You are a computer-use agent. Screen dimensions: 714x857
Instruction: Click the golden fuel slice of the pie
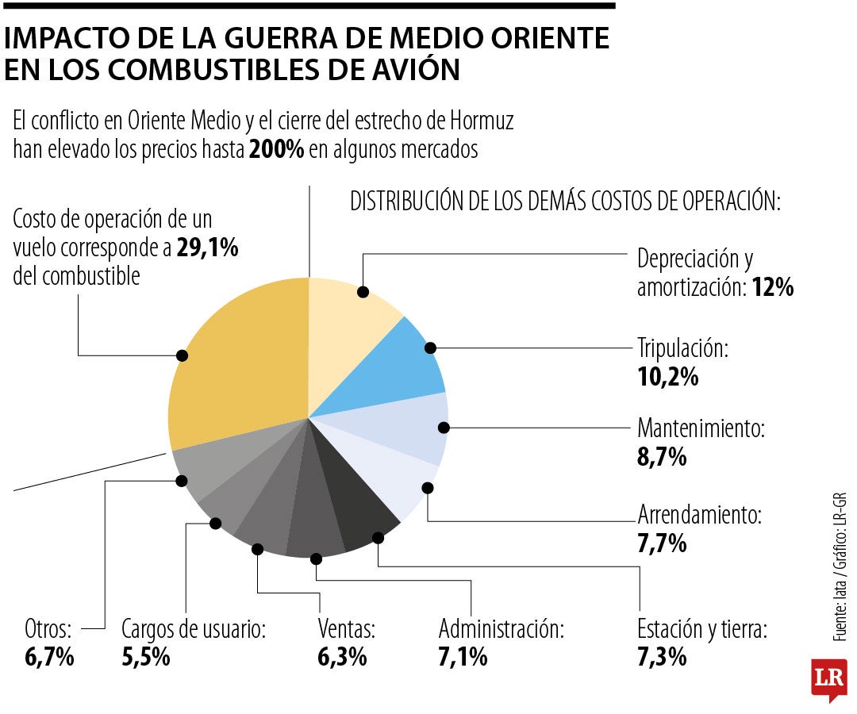point(238,365)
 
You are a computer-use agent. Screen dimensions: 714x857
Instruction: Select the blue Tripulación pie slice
point(389,365)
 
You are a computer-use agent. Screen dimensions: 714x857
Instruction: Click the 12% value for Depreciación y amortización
point(774,288)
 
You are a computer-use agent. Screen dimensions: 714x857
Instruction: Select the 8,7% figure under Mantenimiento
point(662,458)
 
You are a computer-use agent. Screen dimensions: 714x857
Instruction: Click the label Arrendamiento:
point(699,516)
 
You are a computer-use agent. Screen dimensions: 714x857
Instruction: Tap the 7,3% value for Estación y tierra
point(662,657)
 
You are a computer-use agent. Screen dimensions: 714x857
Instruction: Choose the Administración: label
point(502,630)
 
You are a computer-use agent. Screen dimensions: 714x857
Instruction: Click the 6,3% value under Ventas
point(342,657)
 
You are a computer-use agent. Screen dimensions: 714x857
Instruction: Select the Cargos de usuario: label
point(193,630)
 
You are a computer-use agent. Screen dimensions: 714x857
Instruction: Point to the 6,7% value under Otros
point(49,657)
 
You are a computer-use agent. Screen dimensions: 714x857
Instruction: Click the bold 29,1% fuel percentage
point(207,248)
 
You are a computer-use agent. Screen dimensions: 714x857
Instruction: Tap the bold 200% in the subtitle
point(276,150)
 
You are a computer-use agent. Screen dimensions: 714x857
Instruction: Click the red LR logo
point(828,679)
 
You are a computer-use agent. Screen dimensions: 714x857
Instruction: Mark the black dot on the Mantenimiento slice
point(444,428)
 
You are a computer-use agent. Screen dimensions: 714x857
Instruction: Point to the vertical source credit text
point(840,566)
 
